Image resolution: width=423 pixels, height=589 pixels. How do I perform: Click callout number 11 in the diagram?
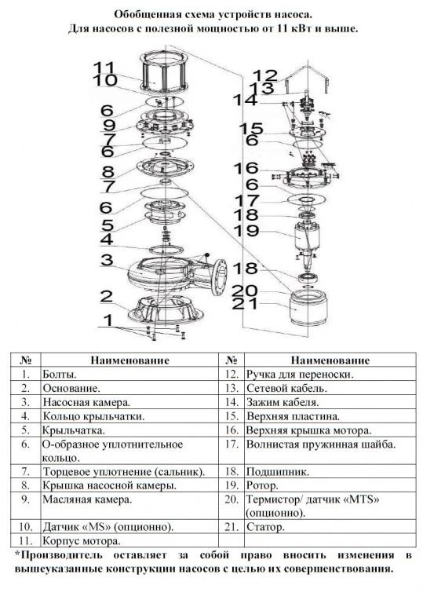(104, 68)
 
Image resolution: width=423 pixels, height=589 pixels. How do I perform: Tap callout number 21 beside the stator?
(244, 303)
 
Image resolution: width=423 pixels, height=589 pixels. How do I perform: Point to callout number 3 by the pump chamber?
(107, 260)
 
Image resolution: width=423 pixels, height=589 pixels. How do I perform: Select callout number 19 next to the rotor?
(246, 230)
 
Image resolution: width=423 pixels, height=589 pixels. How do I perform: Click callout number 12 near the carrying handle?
(265, 75)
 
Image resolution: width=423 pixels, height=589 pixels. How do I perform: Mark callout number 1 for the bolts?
(108, 320)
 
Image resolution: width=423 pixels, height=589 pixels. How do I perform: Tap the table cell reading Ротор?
(262, 485)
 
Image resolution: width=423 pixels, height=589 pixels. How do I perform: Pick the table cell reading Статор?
(265, 527)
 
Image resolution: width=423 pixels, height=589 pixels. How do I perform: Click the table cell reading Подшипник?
(277, 472)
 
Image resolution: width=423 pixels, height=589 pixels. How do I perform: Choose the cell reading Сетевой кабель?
(286, 388)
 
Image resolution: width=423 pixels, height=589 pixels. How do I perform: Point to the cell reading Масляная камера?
(87, 499)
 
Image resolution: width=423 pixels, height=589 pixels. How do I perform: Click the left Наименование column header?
(129, 360)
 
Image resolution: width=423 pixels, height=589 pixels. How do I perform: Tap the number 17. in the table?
(232, 444)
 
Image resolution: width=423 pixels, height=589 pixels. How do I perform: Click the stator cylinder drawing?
(308, 309)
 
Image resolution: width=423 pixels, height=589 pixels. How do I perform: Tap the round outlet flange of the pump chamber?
(219, 277)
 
